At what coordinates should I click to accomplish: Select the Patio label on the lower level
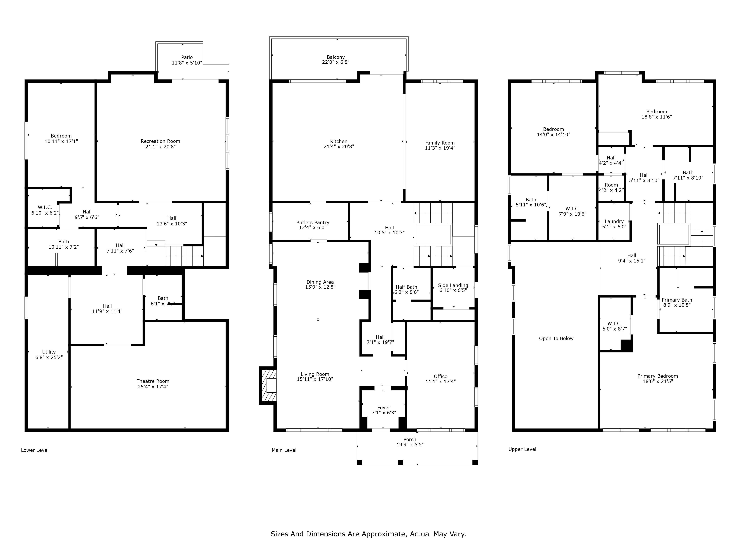[x=187, y=57]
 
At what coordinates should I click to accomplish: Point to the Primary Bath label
[x=677, y=300]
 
